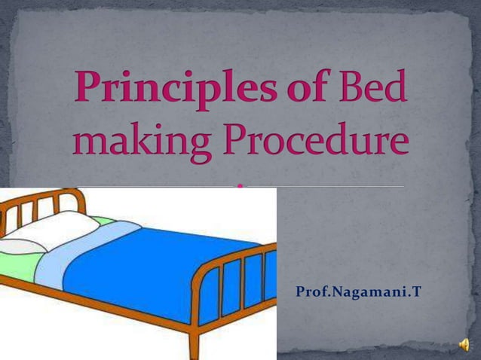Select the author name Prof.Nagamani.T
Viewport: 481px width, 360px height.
pos(358,291)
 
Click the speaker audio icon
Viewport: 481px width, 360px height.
pos(464,345)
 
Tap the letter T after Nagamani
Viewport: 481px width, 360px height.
pos(415,291)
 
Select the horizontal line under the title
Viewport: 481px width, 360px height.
pos(339,185)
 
